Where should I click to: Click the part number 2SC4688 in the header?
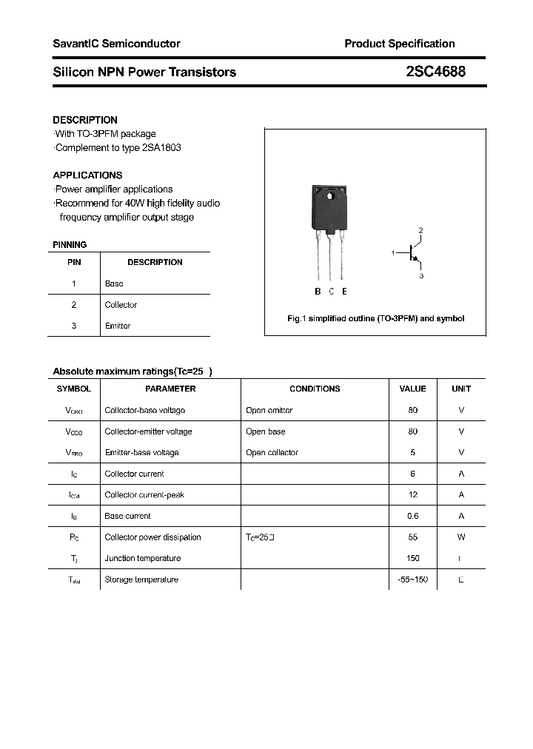click(x=435, y=72)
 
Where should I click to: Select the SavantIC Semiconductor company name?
click(x=116, y=44)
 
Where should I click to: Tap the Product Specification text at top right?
click(x=399, y=44)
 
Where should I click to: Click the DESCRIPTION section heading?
click(x=85, y=120)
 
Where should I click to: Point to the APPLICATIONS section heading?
click(x=87, y=175)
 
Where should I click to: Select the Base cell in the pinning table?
click(x=114, y=283)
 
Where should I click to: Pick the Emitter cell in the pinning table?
click(x=118, y=326)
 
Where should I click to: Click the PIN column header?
click(x=74, y=262)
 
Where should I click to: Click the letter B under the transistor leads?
click(x=318, y=292)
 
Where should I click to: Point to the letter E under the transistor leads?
click(x=344, y=292)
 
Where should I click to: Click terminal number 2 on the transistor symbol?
click(x=420, y=231)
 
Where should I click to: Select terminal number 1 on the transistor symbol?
click(x=393, y=254)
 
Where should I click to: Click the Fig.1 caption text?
click(x=375, y=318)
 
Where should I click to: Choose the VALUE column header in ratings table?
click(x=412, y=389)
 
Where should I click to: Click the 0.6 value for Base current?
click(x=412, y=516)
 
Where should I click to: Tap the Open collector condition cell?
click(x=272, y=452)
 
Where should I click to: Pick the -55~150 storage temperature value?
click(x=412, y=580)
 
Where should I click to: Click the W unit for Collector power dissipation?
click(x=461, y=537)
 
